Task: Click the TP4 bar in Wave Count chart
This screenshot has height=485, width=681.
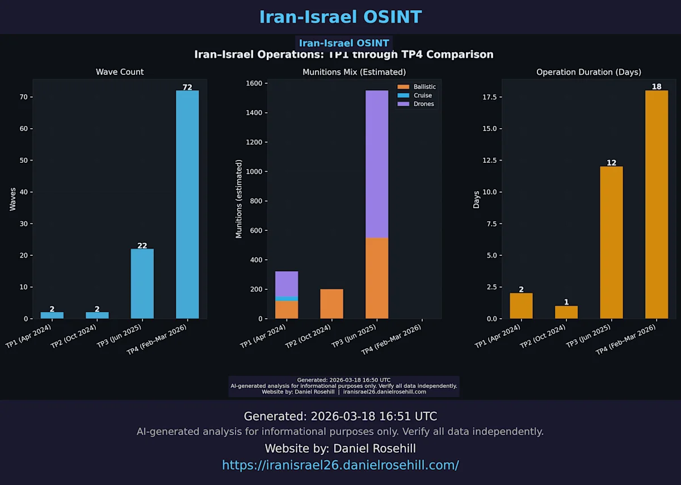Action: pos(187,204)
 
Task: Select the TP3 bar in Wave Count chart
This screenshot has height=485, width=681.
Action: pos(142,284)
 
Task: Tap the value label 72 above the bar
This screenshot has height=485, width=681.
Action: pos(187,87)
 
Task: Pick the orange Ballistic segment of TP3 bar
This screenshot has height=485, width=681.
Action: pos(377,278)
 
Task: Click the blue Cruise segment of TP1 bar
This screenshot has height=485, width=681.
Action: pos(287,298)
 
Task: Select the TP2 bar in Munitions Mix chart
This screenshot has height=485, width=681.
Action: pos(331,304)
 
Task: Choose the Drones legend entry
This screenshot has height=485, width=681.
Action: pos(423,104)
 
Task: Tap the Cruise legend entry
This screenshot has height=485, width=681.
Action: pos(422,95)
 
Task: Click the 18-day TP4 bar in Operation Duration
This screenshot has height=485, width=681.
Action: pos(657,204)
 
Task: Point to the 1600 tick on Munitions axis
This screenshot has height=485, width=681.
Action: pos(254,83)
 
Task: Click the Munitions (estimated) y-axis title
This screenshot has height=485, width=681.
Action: pos(239,199)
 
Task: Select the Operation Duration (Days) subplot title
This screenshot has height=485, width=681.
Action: pos(588,72)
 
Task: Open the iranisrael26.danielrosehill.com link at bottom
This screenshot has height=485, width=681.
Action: pos(340,465)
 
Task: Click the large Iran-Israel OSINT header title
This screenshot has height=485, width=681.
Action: pos(340,17)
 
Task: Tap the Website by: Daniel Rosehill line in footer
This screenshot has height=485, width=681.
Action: pos(340,449)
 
